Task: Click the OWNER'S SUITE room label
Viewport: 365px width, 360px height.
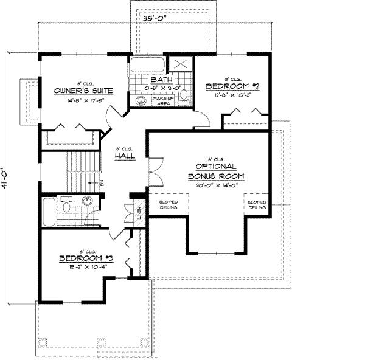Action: click(x=74, y=91)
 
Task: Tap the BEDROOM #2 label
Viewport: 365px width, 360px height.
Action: click(x=232, y=86)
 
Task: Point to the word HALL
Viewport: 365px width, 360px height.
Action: click(x=124, y=156)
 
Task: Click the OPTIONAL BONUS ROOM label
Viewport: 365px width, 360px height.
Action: click(x=215, y=171)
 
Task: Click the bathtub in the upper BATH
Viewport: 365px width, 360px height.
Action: click(x=147, y=64)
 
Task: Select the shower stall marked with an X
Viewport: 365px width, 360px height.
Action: click(x=181, y=64)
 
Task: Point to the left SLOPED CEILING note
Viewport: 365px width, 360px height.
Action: click(x=168, y=205)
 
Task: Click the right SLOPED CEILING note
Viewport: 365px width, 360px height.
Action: click(x=257, y=205)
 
